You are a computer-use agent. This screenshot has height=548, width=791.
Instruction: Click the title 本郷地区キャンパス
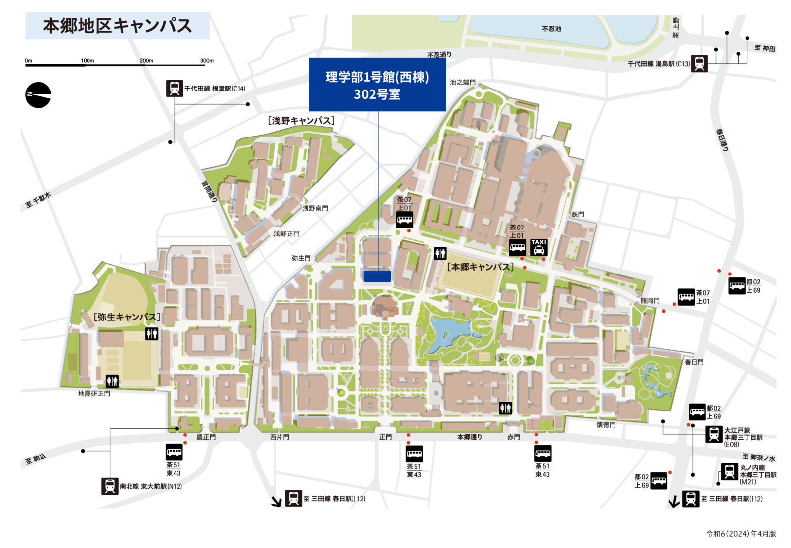[x=117, y=26]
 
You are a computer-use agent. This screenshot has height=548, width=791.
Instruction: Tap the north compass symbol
[x=38, y=95]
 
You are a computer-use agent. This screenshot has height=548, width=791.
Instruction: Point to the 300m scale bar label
[x=207, y=61]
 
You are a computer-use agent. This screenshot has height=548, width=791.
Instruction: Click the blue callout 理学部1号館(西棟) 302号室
[x=377, y=85]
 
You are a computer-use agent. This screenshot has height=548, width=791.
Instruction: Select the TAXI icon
[x=539, y=247]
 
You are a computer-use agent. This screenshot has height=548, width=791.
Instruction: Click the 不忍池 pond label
[x=551, y=29]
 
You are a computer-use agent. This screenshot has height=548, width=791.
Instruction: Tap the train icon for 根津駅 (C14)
[x=175, y=89]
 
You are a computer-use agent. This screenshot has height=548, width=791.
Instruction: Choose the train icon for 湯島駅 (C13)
[x=699, y=63]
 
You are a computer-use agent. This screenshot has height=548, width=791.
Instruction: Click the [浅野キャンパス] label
[x=301, y=121]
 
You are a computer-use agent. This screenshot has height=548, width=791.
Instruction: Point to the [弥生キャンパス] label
[x=127, y=317]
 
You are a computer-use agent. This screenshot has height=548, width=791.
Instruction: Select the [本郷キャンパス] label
[x=481, y=267]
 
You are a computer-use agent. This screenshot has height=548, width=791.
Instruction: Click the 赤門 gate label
[x=514, y=437]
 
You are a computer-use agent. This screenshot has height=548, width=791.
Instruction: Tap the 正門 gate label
[x=386, y=437]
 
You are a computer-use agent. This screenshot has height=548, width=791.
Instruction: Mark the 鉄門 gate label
[x=578, y=214]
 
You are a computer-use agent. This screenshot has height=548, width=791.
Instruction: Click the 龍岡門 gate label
[x=650, y=301]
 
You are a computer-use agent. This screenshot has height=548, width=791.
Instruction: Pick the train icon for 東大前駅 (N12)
[x=110, y=486]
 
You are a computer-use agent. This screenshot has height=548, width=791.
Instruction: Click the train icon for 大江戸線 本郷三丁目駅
[x=714, y=434]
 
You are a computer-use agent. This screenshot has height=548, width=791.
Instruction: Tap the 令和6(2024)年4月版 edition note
[x=741, y=534]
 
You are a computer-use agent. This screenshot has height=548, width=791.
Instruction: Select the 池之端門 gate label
[x=462, y=83]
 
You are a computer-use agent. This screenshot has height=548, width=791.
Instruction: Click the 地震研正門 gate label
[x=94, y=394]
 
